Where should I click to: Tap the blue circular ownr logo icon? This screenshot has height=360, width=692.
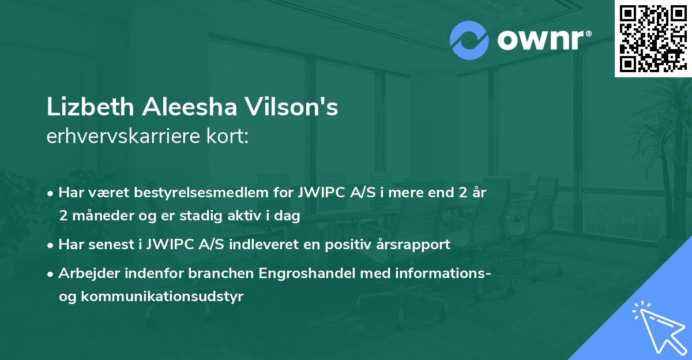click(469, 40)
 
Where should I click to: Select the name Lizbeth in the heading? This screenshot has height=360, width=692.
click(82, 108)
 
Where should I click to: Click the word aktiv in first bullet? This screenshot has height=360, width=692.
click(248, 216)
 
